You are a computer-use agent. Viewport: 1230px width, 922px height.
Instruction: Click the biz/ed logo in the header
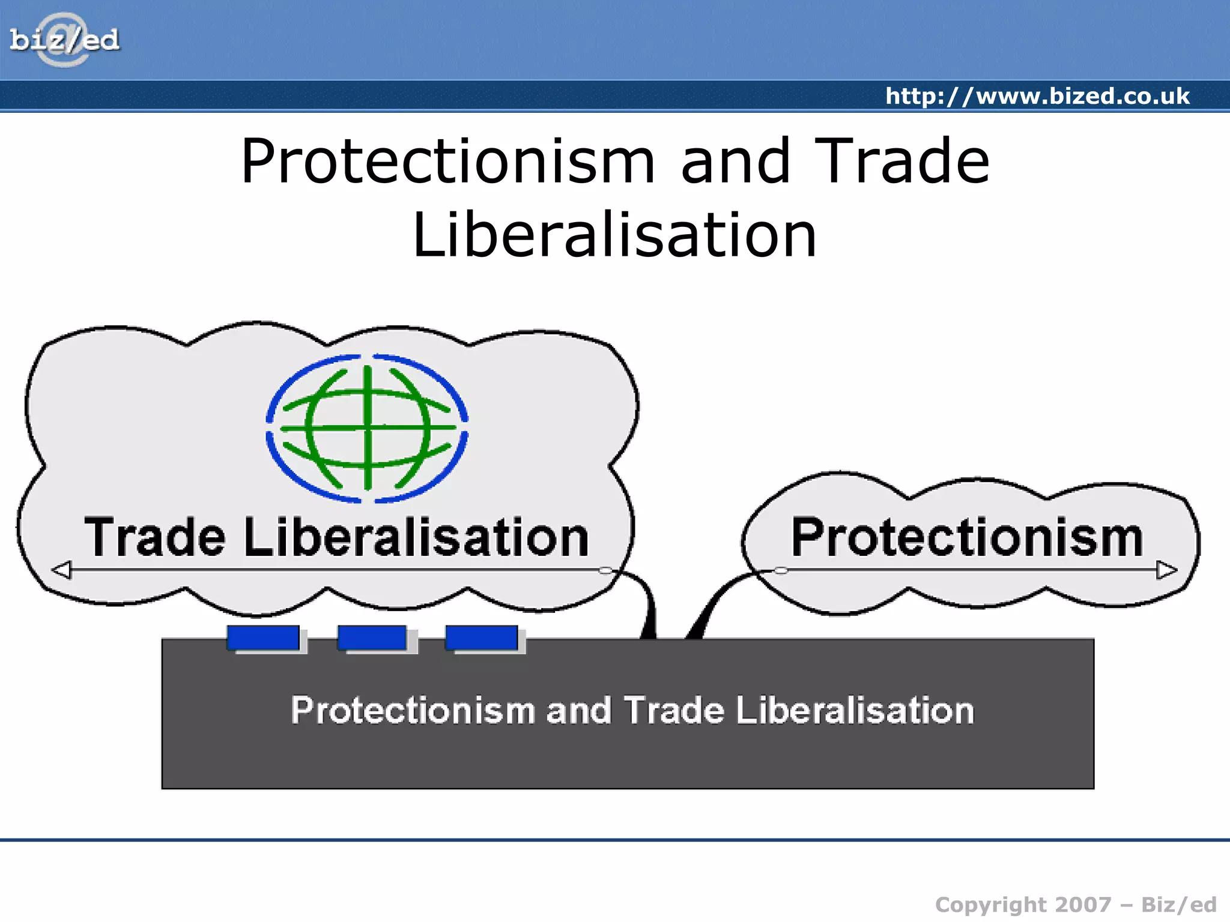[64, 40]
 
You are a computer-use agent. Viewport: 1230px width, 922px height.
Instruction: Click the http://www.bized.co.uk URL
[1037, 96]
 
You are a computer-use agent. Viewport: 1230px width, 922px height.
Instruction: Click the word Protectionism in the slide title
[447, 161]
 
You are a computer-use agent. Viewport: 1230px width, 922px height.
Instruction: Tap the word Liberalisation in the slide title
[614, 235]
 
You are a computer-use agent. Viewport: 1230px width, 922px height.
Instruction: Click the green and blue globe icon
[367, 429]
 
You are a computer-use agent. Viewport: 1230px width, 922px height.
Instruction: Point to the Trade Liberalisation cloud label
[336, 537]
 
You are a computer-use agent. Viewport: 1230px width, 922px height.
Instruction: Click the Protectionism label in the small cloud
[967, 537]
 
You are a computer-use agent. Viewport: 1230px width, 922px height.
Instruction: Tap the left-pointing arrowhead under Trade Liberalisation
[62, 570]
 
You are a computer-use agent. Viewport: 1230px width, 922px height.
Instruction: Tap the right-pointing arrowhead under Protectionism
[1166, 570]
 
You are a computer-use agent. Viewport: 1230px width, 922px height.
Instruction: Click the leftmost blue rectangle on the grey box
[263, 637]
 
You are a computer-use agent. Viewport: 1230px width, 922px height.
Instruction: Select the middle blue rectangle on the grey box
[372, 637]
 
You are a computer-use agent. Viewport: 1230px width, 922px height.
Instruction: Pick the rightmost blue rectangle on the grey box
[482, 637]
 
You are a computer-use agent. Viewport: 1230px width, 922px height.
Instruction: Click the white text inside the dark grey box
[632, 711]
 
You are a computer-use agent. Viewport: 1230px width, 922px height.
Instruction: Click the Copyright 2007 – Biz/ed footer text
[1075, 905]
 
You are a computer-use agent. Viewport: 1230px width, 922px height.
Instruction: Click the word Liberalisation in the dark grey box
[854, 711]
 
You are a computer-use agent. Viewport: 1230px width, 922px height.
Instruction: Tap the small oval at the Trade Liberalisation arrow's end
[606, 570]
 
